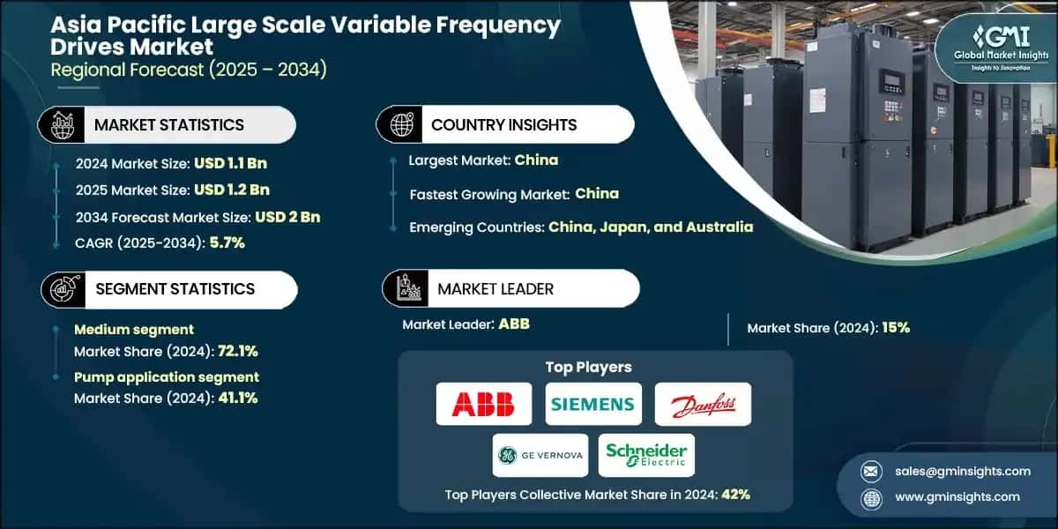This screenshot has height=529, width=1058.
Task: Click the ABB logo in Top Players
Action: point(483,404)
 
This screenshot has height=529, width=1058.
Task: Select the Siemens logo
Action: point(592,404)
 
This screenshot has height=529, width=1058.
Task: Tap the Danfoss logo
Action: point(703,405)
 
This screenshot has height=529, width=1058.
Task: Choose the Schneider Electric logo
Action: point(646,455)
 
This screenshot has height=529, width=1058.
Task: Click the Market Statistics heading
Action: point(168,125)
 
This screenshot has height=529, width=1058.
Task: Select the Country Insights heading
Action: point(503,125)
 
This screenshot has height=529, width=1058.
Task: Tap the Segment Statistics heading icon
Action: point(61,289)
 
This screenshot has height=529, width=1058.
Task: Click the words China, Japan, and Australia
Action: point(651,227)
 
